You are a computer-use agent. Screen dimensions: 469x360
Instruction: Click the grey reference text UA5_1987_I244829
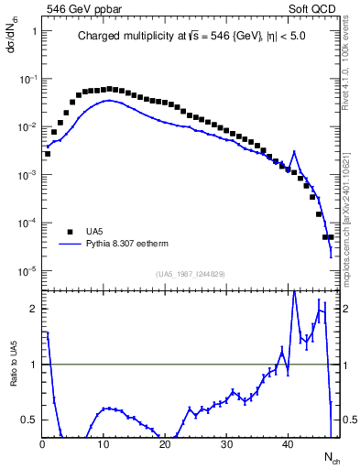tap(191, 274)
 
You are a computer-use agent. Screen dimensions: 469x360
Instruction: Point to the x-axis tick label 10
tap(104, 445)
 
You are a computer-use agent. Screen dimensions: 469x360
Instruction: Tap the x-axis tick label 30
tap(226, 445)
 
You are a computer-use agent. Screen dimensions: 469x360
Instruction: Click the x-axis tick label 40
tap(288, 445)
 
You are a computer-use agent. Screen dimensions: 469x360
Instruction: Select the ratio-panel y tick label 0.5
tap(29, 420)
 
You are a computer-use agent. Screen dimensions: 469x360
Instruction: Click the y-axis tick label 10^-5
tap(27, 270)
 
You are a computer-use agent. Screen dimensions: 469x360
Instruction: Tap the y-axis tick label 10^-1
tap(27, 79)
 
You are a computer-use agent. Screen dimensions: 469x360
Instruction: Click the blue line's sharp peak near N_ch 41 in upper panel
tap(294, 152)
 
